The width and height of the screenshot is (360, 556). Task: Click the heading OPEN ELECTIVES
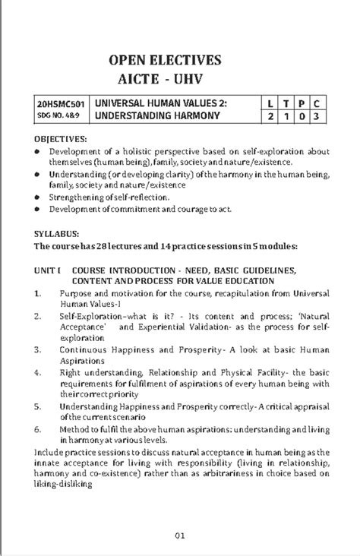[x=165, y=60]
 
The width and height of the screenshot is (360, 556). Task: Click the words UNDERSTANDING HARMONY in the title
[x=156, y=117]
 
